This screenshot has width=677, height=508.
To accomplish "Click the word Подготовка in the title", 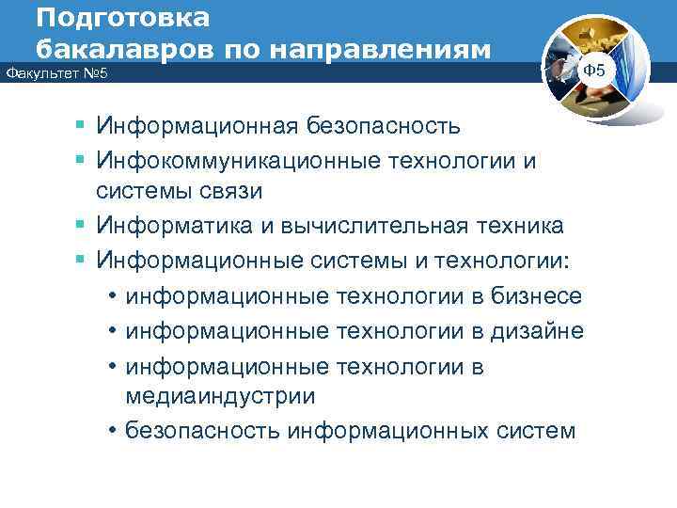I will click(x=124, y=18).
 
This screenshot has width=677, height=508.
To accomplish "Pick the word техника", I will click(x=514, y=226).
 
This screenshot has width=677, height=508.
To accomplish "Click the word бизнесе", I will click(x=536, y=296).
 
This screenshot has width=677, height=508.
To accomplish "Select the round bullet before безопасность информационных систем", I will click(x=112, y=431).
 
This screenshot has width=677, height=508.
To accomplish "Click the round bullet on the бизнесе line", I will click(x=112, y=296).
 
